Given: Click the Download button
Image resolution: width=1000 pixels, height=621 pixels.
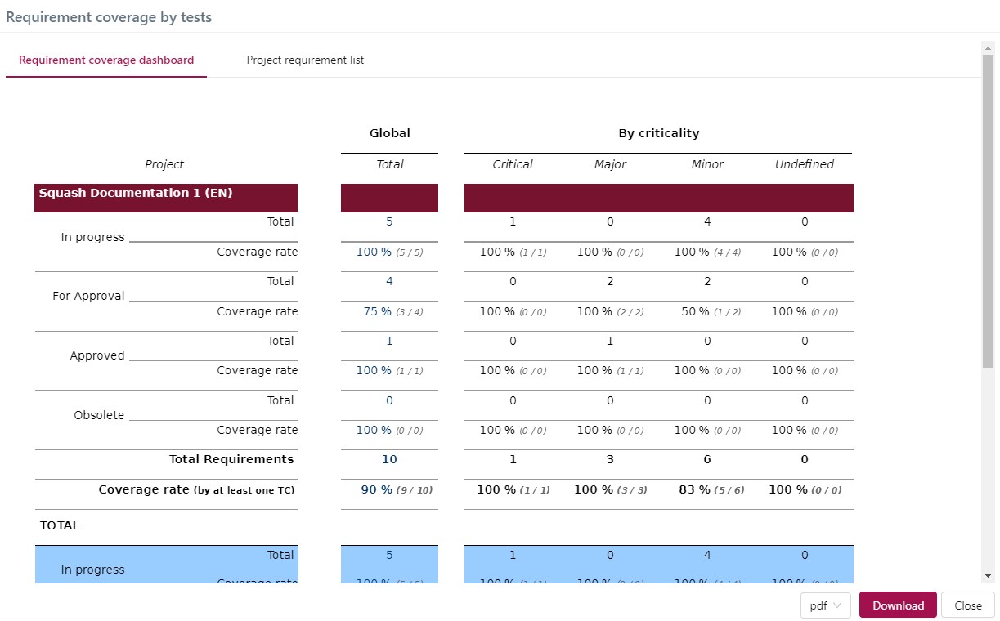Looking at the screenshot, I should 898,605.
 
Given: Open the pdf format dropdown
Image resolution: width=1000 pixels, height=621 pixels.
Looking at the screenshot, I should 826,605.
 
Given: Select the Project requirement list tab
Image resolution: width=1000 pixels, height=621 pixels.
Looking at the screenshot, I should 305,60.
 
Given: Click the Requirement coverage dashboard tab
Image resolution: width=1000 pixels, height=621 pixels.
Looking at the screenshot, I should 106,60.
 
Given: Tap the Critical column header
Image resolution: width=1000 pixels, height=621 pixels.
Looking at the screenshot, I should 513,164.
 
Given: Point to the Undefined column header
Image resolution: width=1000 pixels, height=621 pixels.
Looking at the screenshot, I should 805,164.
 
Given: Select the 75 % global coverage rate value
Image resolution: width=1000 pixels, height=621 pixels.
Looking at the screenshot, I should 378,311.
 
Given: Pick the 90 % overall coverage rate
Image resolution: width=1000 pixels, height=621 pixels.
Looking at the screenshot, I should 375,489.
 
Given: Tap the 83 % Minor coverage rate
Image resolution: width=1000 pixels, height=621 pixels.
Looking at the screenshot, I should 693,489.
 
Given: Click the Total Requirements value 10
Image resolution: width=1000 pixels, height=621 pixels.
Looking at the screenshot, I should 389,459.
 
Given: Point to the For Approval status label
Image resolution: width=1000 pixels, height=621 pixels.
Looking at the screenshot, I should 88,296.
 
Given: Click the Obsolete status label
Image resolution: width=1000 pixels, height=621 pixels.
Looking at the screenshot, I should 99,415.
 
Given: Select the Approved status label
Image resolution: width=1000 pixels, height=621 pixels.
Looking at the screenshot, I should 97,355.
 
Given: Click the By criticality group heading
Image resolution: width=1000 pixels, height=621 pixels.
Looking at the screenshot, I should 658,133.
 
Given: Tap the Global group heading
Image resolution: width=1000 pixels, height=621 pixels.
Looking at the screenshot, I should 390,133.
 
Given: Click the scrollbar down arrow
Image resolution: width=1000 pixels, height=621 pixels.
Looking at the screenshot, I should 989,575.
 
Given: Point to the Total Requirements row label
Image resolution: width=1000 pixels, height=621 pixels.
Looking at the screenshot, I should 231,459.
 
